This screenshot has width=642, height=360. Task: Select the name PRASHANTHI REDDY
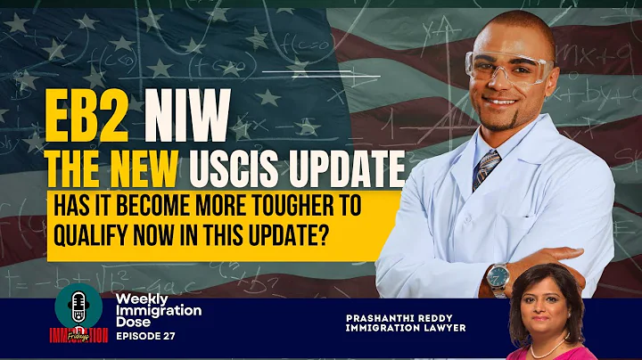394,315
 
